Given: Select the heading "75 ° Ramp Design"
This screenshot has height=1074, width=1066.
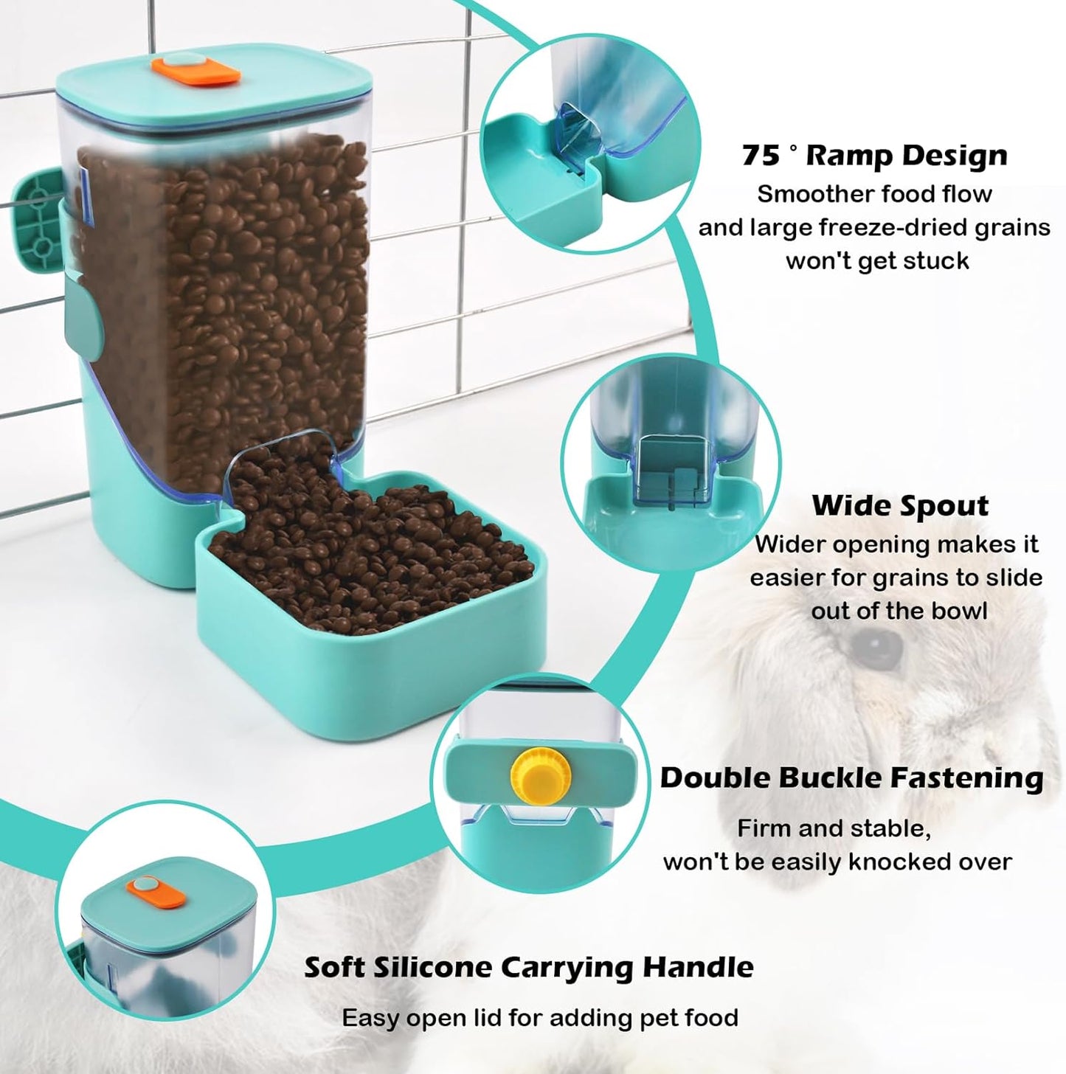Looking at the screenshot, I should pyautogui.click(x=874, y=156).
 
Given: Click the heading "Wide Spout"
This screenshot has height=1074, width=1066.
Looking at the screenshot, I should pyautogui.click(x=900, y=506).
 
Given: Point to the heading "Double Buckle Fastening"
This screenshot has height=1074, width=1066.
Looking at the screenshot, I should pyautogui.click(x=851, y=777).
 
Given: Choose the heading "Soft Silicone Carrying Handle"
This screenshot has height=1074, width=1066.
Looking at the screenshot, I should pyautogui.click(x=529, y=967).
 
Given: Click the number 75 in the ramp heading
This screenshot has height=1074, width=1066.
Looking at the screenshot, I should pyautogui.click(x=760, y=156).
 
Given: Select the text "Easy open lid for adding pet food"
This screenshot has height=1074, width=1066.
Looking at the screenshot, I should pyautogui.click(x=540, y=1019).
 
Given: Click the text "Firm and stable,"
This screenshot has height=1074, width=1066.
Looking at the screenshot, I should pyautogui.click(x=834, y=828).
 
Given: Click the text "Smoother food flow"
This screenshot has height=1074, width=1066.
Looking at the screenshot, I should pyautogui.click(x=874, y=194).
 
